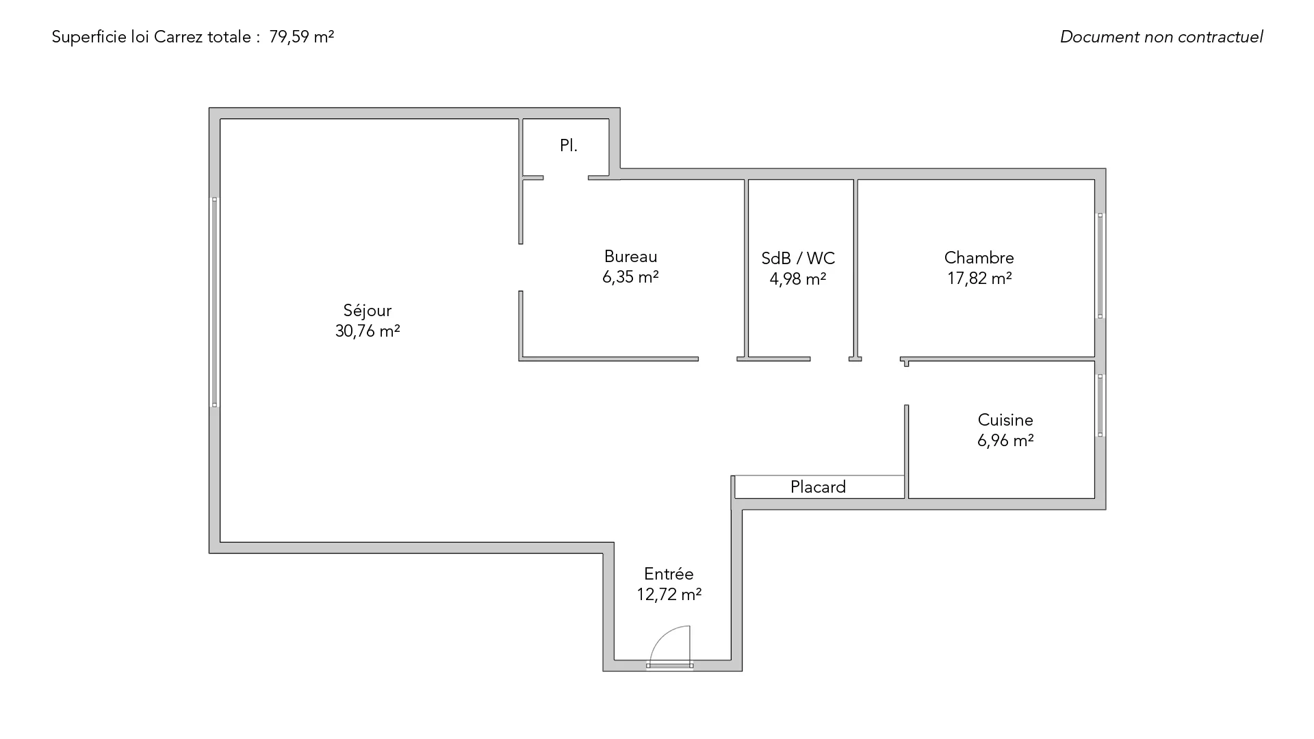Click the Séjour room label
tap(368, 311)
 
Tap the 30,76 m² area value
tap(368, 332)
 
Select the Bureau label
tap(630, 257)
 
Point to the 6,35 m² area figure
tap(630, 277)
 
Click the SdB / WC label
tap(798, 259)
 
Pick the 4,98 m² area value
tap(798, 279)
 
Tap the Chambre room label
tap(979, 258)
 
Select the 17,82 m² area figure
tap(979, 278)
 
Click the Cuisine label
tap(1005, 420)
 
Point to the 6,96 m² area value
tap(1005, 441)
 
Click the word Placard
tap(818, 487)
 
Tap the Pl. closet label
tap(569, 146)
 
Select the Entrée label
tap(669, 574)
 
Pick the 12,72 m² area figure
tap(669, 595)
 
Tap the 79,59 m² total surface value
tap(302, 37)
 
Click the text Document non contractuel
tap(1161, 37)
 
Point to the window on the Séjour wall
tap(214, 302)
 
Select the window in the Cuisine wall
tap(1100, 405)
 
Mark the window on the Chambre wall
tap(1100, 265)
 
